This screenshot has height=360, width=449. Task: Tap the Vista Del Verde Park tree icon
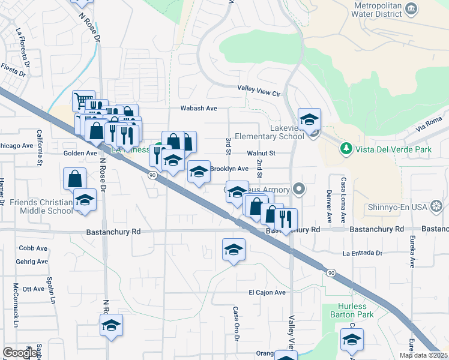(x=346, y=148)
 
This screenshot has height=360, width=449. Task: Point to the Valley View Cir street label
(x=259, y=94)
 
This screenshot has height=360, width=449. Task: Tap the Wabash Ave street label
(x=199, y=109)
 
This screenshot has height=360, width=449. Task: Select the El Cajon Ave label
(x=267, y=292)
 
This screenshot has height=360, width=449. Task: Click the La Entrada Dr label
(x=363, y=253)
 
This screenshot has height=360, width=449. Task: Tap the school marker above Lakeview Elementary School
(x=310, y=119)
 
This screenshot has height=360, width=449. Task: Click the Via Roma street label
(x=429, y=126)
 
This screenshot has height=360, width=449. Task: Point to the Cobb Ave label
(x=33, y=248)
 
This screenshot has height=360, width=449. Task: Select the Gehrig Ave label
(x=32, y=262)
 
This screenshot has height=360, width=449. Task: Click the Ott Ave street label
(x=33, y=289)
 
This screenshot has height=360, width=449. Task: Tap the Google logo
(x=20, y=353)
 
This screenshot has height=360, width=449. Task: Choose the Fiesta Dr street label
(x=13, y=70)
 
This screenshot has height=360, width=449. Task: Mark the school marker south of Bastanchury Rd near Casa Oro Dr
(x=234, y=250)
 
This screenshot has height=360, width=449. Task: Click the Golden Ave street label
(x=80, y=154)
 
